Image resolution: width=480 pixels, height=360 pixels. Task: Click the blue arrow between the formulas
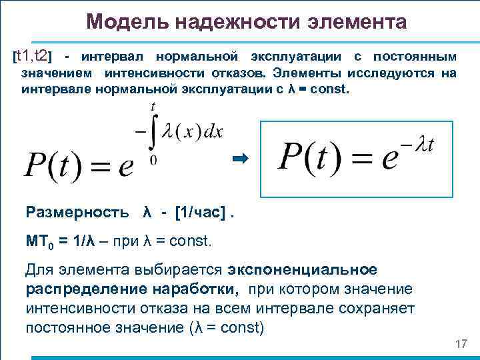click(x=240, y=158)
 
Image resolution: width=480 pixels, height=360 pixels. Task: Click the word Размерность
click(x=77, y=213)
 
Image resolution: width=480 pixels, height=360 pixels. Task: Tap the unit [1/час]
click(x=199, y=213)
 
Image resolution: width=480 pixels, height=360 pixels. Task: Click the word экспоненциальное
click(x=303, y=270)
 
